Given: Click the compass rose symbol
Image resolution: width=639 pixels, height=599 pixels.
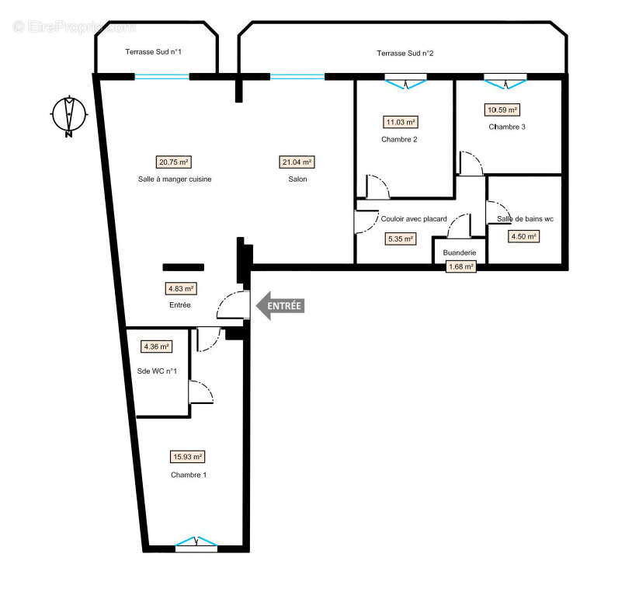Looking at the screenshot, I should [69, 116].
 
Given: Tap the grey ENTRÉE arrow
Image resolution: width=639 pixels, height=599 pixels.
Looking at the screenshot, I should [280, 305].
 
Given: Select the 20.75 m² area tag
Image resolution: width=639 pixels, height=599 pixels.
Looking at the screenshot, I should [174, 162].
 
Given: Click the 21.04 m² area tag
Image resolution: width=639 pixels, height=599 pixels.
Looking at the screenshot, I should [297, 162].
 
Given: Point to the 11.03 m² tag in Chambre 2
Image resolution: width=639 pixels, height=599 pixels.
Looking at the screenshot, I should [401, 122].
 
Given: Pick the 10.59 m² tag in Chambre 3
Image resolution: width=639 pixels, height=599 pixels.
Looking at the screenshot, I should [502, 110].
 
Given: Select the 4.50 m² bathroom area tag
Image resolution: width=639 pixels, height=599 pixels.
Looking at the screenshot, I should [523, 237].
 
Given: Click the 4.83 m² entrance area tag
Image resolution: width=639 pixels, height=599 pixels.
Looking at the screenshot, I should [181, 288].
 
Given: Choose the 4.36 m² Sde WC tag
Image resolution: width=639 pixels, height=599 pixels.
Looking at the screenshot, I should [156, 347].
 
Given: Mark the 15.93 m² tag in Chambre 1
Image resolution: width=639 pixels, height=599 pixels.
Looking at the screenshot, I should [188, 457].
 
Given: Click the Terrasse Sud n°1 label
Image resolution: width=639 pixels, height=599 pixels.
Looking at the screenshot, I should [153, 53].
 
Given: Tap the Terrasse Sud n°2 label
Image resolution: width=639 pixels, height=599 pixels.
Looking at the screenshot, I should [405, 53].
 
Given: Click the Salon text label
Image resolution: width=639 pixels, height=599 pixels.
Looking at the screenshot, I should [297, 179].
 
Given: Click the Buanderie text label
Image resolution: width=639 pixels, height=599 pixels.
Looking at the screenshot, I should [460, 253].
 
